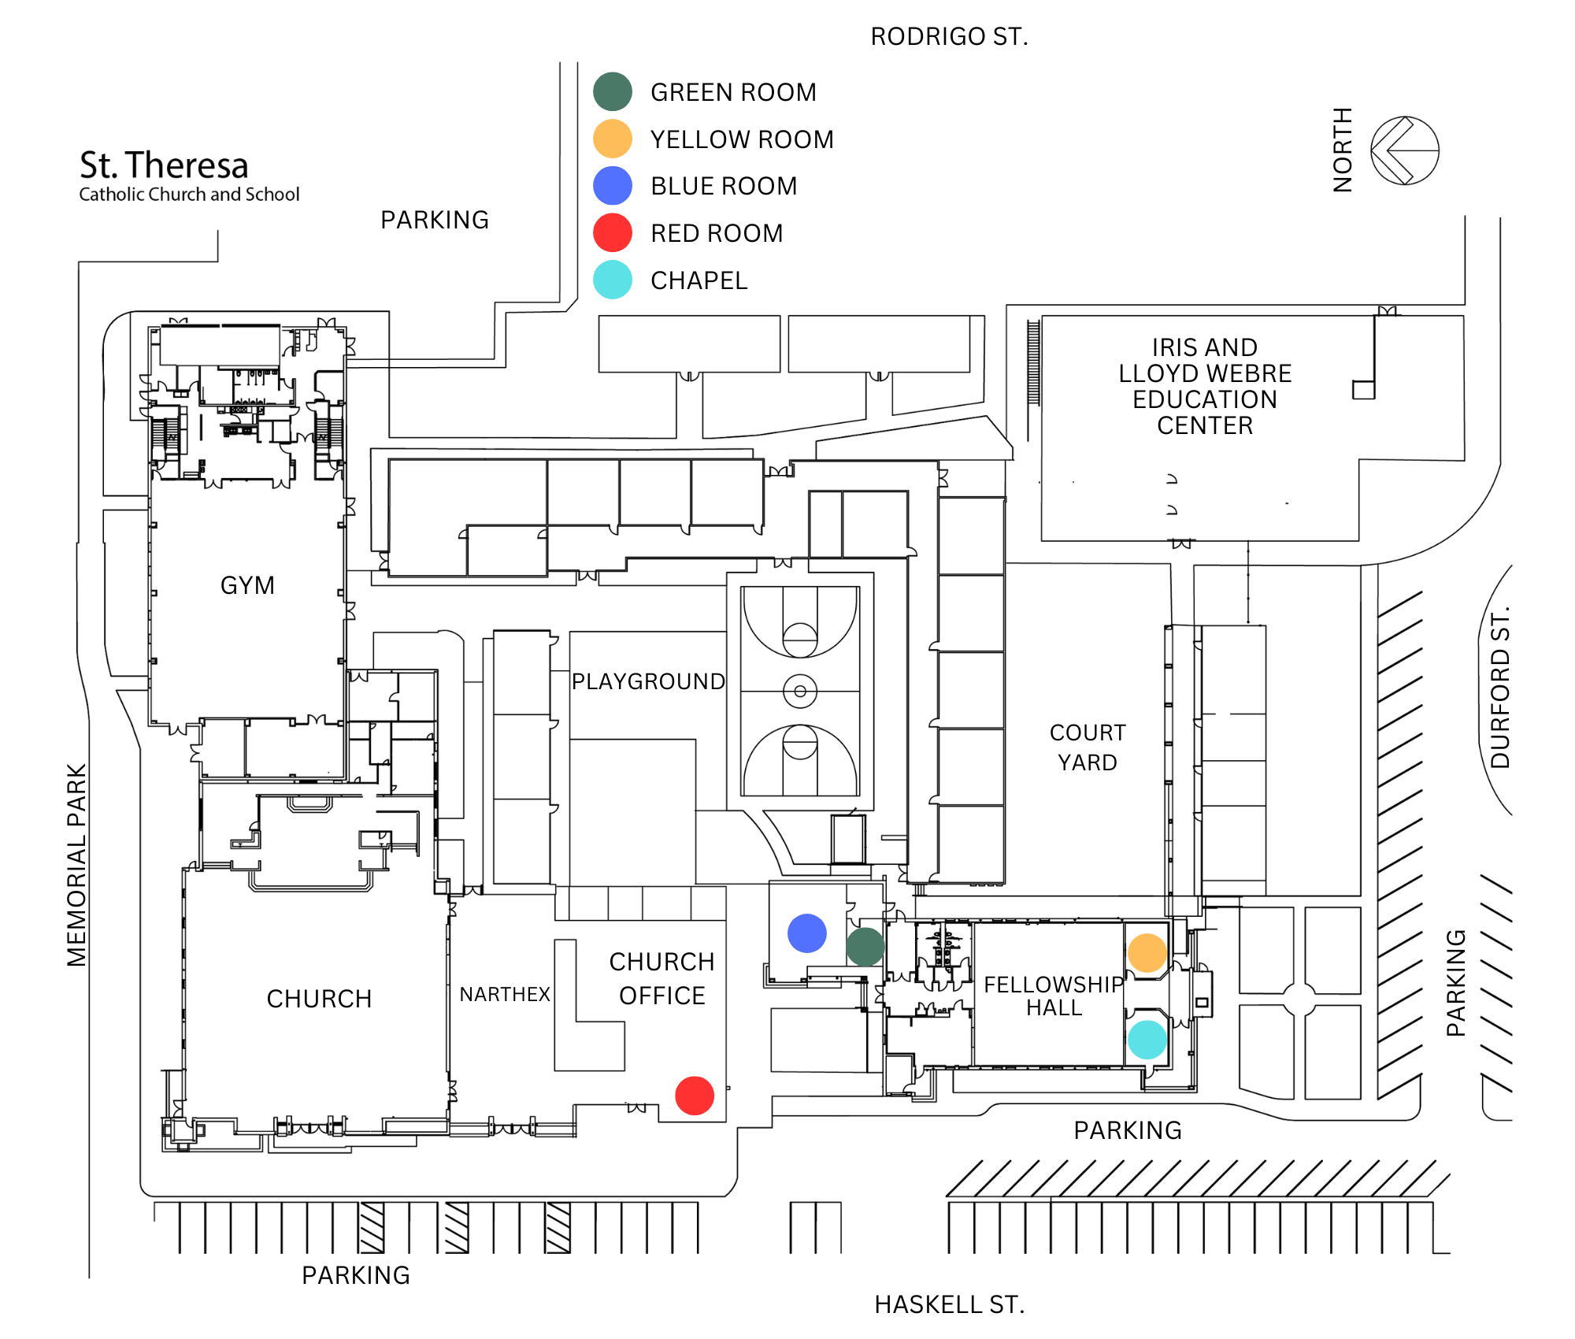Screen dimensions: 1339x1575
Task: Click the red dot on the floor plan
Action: tap(695, 1096)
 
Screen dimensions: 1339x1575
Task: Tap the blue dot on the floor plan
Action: tap(807, 933)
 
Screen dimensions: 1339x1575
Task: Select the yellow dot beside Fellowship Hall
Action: tap(1147, 953)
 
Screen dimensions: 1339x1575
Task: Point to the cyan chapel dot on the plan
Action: tap(1147, 1040)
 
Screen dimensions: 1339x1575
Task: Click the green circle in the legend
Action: tap(613, 92)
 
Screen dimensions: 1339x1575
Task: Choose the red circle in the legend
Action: tap(613, 233)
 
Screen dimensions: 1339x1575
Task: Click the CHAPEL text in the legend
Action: tap(699, 280)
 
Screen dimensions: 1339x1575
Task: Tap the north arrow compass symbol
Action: tap(1404, 150)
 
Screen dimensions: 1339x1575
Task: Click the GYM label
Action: tap(247, 585)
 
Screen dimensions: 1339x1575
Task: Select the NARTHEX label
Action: tap(505, 995)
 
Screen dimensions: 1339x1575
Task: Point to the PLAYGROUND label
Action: tap(648, 681)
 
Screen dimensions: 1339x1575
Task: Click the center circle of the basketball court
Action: tap(800, 692)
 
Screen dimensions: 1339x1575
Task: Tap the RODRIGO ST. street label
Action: tap(949, 37)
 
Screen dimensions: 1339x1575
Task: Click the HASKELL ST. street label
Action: tap(949, 1305)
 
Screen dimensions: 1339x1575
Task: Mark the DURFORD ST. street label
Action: tap(1500, 687)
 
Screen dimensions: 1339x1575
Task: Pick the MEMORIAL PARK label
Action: tap(76, 865)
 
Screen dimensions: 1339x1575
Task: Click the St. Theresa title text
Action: tap(164, 165)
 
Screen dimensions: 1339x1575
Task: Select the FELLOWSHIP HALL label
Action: tap(1054, 996)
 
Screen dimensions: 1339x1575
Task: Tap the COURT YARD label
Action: tap(1088, 747)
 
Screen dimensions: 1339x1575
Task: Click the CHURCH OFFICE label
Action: tap(661, 979)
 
